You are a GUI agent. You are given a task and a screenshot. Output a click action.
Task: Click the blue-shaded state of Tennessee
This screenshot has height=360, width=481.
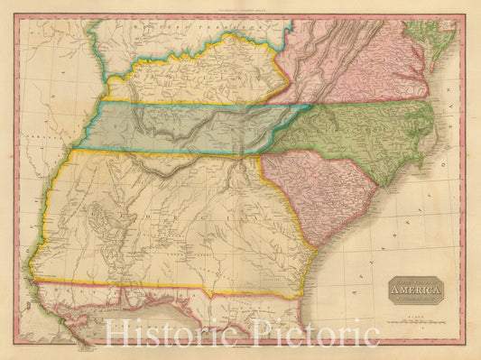pyautogui.click(x=180, y=126)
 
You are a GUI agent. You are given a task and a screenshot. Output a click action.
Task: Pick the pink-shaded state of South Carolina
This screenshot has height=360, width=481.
pyautogui.click(x=311, y=189)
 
